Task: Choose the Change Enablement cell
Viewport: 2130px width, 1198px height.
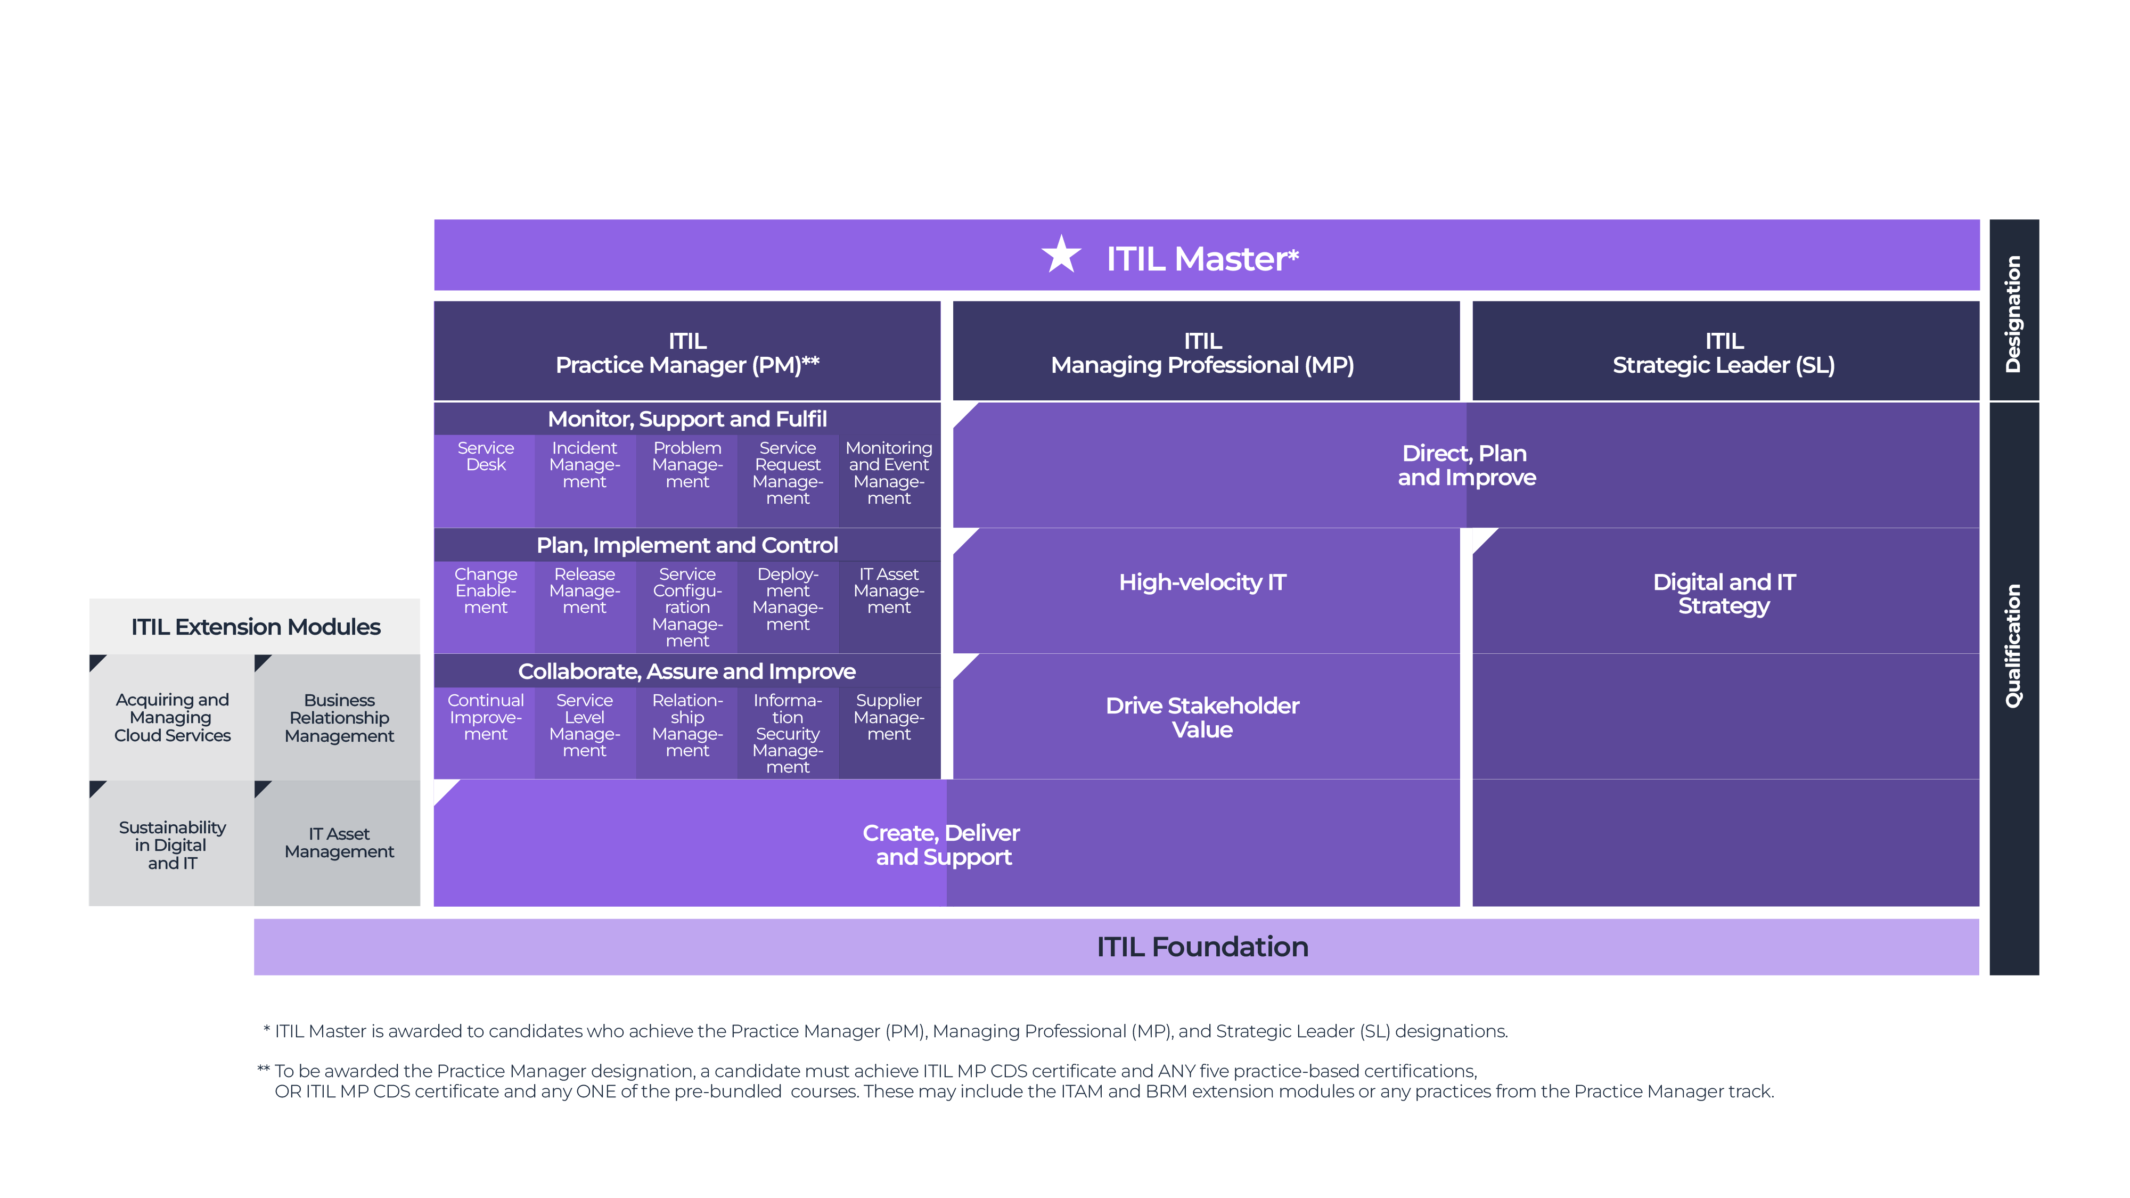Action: pos(485,591)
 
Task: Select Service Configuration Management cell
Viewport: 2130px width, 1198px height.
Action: pos(687,608)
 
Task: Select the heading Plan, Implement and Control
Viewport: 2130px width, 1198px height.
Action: pos(687,546)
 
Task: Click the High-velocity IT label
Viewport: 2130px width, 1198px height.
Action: pos(1202,583)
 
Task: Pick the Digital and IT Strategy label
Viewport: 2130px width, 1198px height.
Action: pos(1724,594)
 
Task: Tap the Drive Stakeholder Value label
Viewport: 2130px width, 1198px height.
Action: pos(1202,718)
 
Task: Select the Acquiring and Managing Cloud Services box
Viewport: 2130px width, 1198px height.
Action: pos(172,718)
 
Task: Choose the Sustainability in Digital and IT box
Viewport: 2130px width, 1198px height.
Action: pos(172,845)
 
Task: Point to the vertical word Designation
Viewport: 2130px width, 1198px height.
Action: pos(2013,314)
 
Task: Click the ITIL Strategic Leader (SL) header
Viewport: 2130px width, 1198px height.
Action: pos(1724,353)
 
